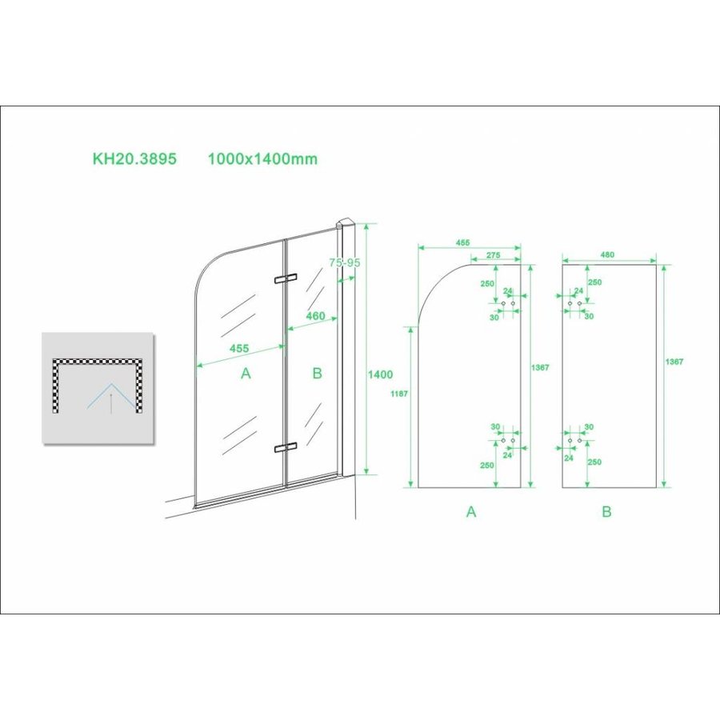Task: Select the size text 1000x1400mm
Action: (262, 158)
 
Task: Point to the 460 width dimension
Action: (315, 316)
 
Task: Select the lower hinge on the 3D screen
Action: (284, 447)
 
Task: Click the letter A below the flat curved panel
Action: (471, 512)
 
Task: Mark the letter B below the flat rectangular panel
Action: (606, 512)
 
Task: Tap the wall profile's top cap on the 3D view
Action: (346, 223)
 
